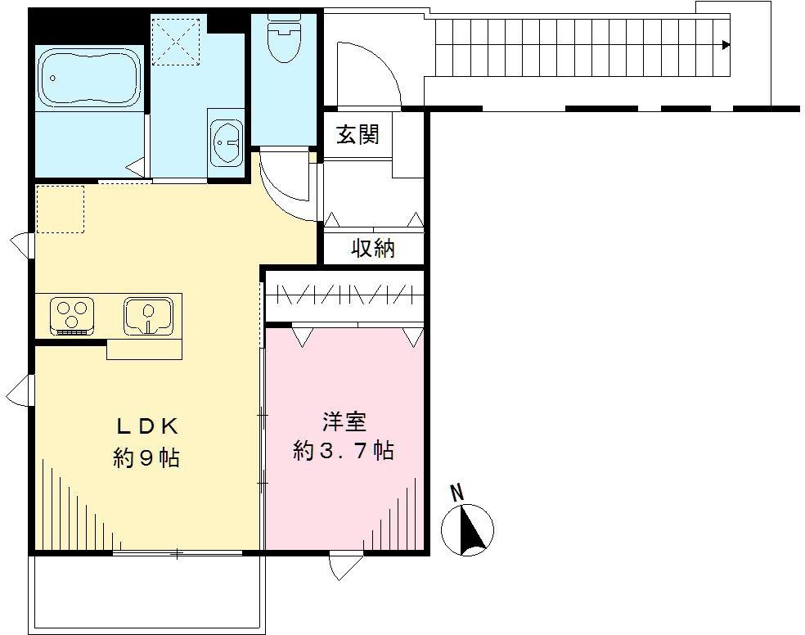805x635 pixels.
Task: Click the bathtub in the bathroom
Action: pyautogui.click(x=89, y=78)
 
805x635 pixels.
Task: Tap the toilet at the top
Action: pyautogui.click(x=284, y=37)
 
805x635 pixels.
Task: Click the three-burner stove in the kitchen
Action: pyautogui.click(x=72, y=314)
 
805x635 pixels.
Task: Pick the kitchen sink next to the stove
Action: pyautogui.click(x=148, y=316)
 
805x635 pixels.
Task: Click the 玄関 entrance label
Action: pyautogui.click(x=358, y=133)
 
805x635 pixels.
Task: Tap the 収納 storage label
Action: pyautogui.click(x=373, y=248)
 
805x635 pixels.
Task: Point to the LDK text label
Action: pyautogui.click(x=146, y=426)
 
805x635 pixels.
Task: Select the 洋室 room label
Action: pyautogui.click(x=344, y=421)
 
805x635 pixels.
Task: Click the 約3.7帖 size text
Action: pyautogui.click(x=344, y=450)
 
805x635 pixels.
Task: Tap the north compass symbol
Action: pyautogui.click(x=468, y=528)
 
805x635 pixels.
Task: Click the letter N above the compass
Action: pyautogui.click(x=458, y=493)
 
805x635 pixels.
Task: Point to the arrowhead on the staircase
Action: pyautogui.click(x=726, y=45)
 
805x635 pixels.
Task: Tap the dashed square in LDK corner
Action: pyautogui.click(x=60, y=209)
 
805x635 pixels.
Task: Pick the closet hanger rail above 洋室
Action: pyautogui.click(x=344, y=293)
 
